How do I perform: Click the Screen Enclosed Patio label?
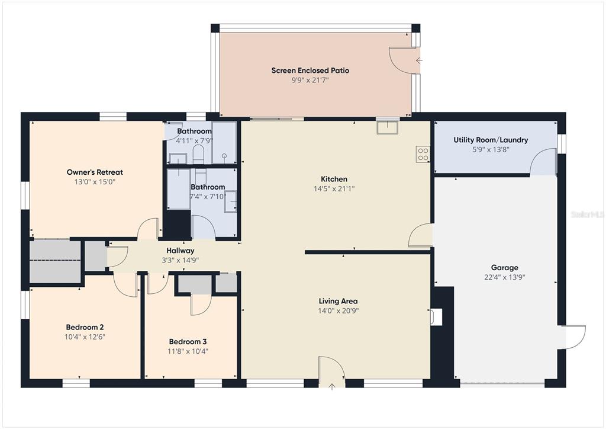tap(310, 71)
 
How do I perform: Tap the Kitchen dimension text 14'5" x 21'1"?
tap(334, 189)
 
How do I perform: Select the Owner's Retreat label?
tap(95, 172)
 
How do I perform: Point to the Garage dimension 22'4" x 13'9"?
tap(504, 277)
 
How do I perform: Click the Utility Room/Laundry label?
tap(491, 140)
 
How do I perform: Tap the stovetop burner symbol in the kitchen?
tap(423, 154)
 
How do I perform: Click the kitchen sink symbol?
tap(387, 127)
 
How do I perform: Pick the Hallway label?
tap(180, 251)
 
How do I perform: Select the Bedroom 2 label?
tap(85, 327)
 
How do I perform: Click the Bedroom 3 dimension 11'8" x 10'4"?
tap(188, 351)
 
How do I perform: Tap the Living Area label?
tap(338, 301)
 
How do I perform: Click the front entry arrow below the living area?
tap(332, 386)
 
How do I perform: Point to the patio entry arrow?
tap(419, 60)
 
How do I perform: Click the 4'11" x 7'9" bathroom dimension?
tap(194, 141)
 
